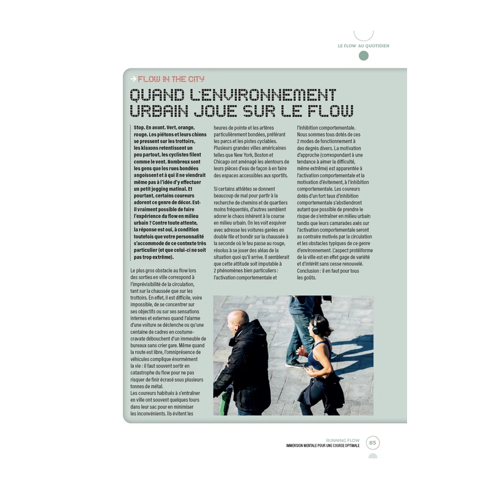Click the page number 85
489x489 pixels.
click(373, 443)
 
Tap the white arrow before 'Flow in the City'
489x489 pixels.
click(133, 79)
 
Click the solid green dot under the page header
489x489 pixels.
click(364, 56)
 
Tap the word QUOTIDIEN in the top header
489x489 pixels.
click(378, 46)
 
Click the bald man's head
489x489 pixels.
click(237, 320)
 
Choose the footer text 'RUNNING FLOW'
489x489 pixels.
click(343, 440)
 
